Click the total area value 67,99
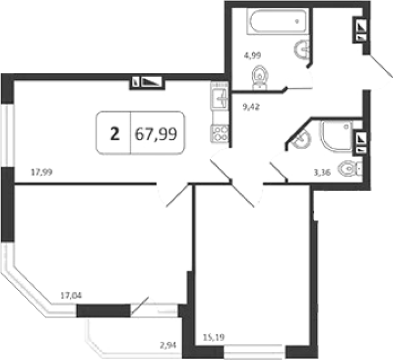[x=156, y=134]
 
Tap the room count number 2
[x=115, y=134]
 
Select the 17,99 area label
[x=42, y=172]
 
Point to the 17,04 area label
[x=71, y=296]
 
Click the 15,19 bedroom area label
[x=213, y=338]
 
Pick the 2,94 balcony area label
[x=168, y=346]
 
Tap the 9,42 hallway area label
[x=251, y=107]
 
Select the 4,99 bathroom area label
[x=252, y=55]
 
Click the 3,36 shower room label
[x=322, y=172]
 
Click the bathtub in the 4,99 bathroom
[x=277, y=21]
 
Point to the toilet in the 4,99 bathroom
[x=260, y=77]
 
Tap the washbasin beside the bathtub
[x=302, y=49]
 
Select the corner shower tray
[x=336, y=136]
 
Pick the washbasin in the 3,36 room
[x=302, y=139]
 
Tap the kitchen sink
[x=220, y=97]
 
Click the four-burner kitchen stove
[x=220, y=134]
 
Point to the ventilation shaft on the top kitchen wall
[x=147, y=83]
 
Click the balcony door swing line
[x=140, y=305]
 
